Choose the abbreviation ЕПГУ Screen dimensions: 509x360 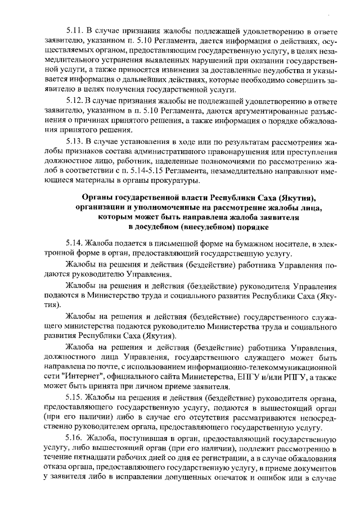pos(260,376)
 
